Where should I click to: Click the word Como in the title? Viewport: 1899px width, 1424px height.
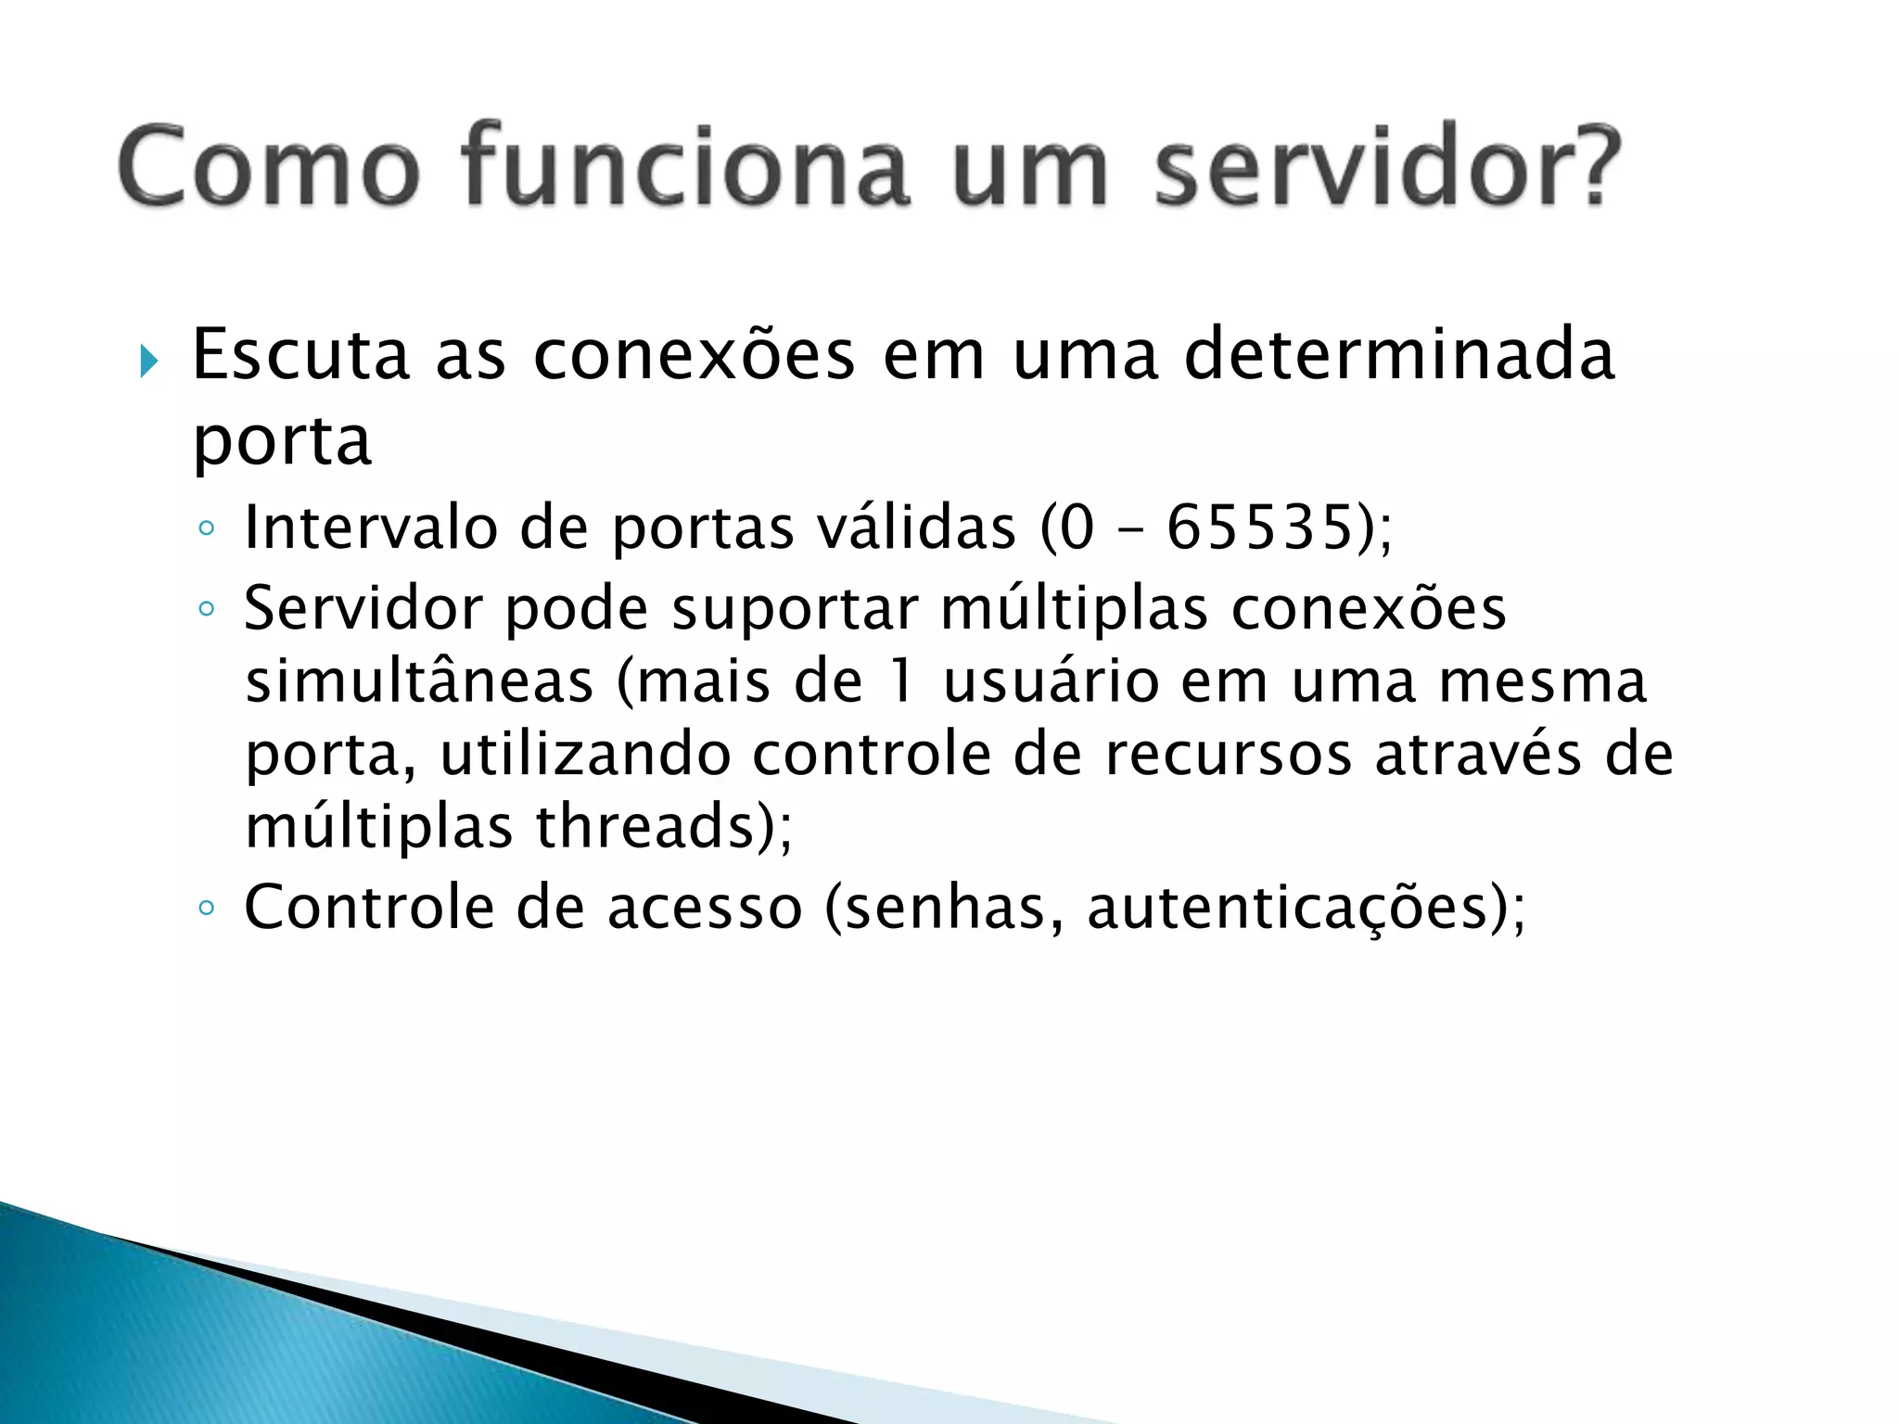coord(269,167)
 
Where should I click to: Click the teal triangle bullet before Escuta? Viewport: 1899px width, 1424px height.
coord(149,361)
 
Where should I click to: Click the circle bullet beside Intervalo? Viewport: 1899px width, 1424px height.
coord(206,529)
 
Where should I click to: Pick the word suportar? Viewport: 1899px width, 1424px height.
coord(795,609)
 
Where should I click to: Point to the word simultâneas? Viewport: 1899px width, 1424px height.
coord(419,681)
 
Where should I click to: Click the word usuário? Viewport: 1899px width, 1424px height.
coord(1051,681)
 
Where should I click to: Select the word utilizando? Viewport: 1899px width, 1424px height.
coord(585,754)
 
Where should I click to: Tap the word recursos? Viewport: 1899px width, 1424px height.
coord(1229,754)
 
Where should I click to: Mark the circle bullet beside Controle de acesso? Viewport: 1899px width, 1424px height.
coord(206,908)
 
